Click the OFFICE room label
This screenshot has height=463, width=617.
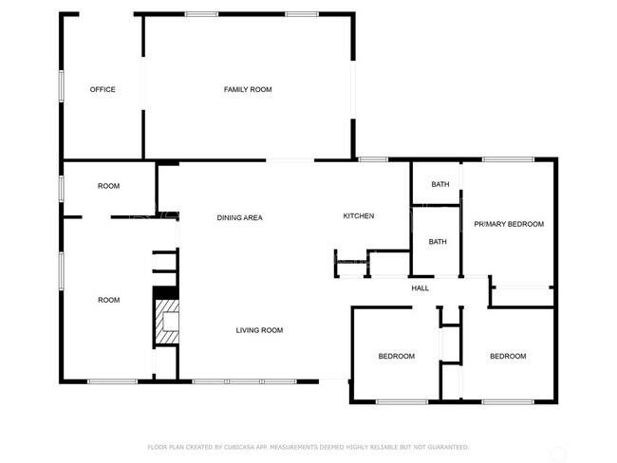tap(103, 90)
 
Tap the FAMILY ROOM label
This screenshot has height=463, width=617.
tap(248, 90)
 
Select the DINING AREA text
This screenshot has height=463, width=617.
tap(239, 218)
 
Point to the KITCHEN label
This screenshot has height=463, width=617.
tap(359, 216)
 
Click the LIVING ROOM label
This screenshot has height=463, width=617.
tap(259, 330)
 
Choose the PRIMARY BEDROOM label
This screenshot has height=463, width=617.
tap(509, 224)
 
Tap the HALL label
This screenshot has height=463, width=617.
tap(420, 288)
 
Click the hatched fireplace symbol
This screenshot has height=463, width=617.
tap(166, 323)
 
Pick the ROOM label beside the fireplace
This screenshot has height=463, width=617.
tap(109, 300)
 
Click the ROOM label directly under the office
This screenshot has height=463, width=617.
tap(109, 186)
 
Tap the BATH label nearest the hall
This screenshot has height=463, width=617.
tap(438, 242)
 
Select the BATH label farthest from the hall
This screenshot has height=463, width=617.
tap(440, 184)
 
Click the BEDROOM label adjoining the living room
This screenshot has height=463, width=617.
tap(397, 357)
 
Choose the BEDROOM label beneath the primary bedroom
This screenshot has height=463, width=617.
tap(508, 357)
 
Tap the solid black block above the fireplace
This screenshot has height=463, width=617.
tap(166, 293)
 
